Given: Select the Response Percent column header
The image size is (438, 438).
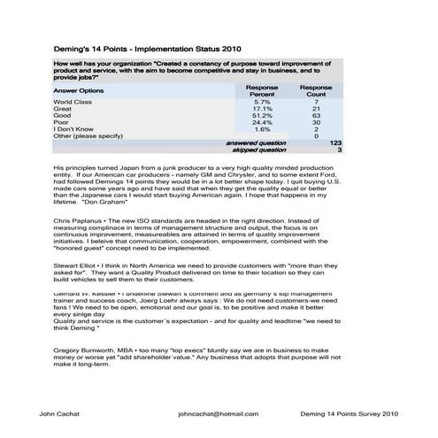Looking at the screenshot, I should tap(262, 92).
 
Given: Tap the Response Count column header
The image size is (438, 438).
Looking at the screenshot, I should tap(315, 92).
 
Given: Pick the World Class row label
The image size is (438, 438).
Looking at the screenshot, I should tap(73, 103).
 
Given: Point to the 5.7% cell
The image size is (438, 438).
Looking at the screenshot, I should tap(262, 103).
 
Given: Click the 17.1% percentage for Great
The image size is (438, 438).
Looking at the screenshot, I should tap(262, 109).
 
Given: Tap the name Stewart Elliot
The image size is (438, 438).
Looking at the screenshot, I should tap(76, 264).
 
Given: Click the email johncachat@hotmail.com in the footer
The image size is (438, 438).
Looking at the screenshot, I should tap(218, 413).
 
